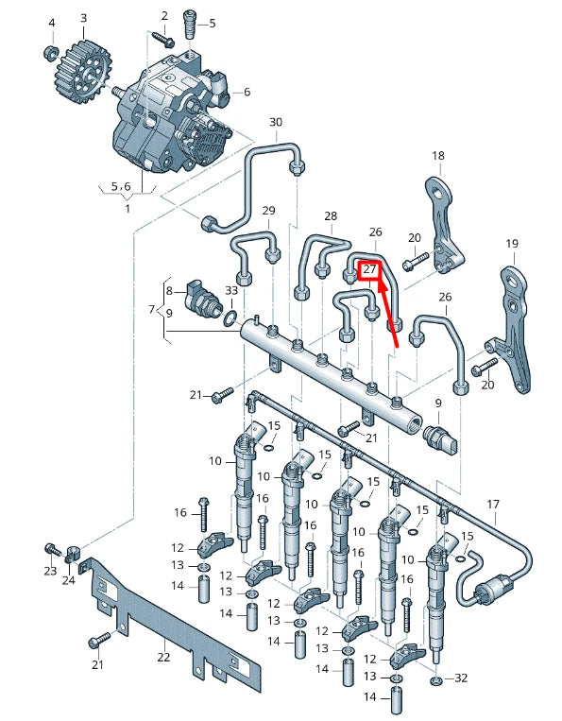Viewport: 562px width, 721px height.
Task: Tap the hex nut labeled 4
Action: [52, 52]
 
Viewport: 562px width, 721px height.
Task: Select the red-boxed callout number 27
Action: [369, 269]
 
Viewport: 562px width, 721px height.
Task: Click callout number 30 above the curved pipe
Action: [276, 123]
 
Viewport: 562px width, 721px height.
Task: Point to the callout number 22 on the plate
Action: [163, 657]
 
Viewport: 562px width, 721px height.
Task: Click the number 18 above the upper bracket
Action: [437, 155]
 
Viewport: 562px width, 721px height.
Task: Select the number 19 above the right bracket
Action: [512, 244]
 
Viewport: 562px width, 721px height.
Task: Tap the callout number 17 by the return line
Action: [492, 504]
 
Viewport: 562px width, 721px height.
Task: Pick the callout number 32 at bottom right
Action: [462, 678]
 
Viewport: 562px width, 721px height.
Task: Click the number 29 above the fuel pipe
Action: [268, 210]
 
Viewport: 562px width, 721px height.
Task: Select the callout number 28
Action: [331, 216]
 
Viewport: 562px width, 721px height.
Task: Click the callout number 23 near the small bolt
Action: [50, 571]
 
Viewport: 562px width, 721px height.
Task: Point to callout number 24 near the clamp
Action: [69, 579]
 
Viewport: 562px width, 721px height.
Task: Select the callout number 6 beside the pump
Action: [247, 92]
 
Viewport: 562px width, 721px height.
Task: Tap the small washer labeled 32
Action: [436, 680]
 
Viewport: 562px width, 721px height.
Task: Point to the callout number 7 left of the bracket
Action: [151, 309]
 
